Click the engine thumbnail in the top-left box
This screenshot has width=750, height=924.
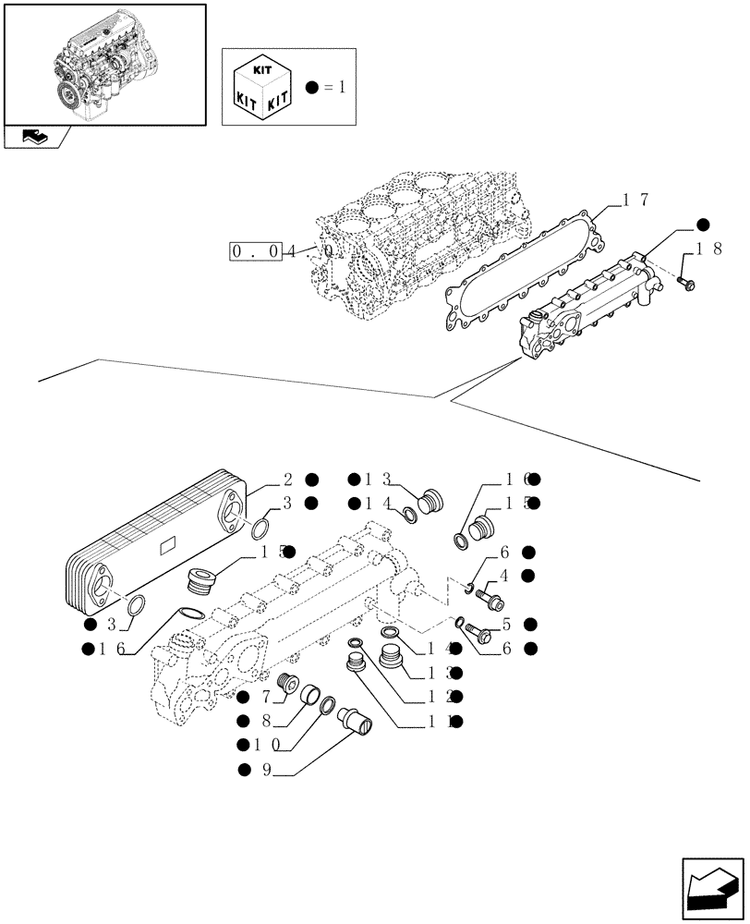(104, 63)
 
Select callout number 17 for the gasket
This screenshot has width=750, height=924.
(634, 199)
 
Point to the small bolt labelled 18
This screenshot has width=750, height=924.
(684, 279)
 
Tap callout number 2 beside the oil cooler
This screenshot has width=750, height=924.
(287, 479)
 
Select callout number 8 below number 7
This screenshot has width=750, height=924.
(264, 720)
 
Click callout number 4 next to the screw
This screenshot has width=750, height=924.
(504, 576)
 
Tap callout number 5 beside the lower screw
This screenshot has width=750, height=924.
(505, 625)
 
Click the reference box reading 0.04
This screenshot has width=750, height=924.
(255, 250)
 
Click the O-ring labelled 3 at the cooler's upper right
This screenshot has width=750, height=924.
(261, 529)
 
